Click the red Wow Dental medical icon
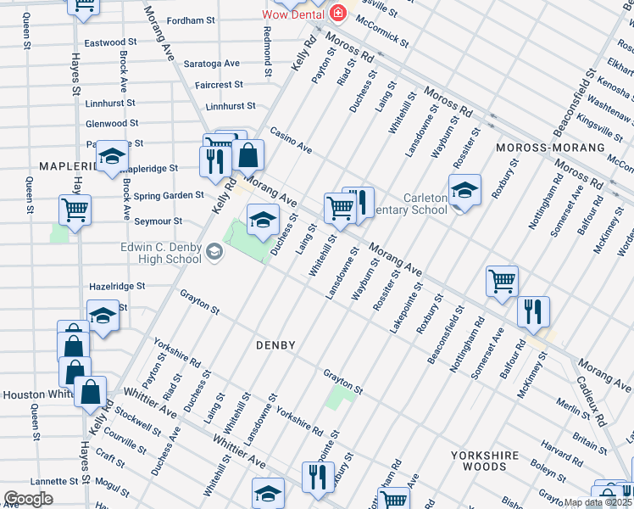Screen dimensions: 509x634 339,14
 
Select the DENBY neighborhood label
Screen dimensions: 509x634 276,345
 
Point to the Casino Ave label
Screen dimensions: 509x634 291,141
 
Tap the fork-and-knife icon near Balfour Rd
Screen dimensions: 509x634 533,311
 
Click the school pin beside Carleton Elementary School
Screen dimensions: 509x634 464,191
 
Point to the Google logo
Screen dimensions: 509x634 27,499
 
